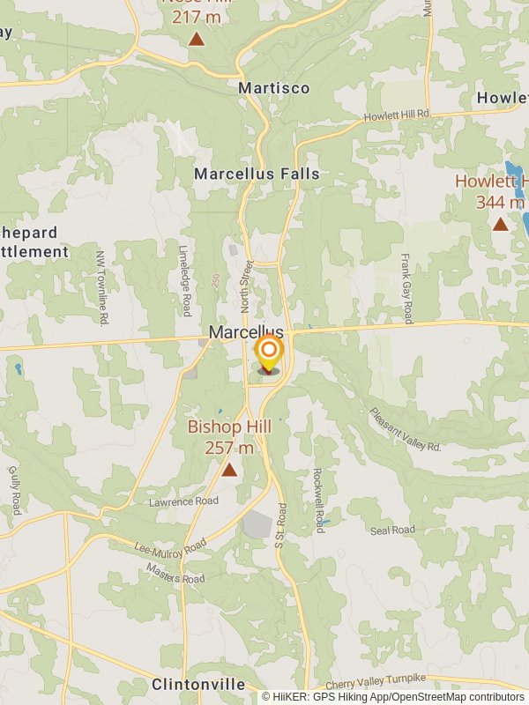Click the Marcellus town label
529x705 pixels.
coord(246,332)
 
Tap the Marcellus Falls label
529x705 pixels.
coord(257,174)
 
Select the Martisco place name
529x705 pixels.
coord(274,88)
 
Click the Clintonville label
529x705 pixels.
coord(198,685)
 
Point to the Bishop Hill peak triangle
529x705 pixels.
coord(229,470)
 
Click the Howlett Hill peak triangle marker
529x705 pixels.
coord(500,224)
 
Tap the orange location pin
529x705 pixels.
coord(269,353)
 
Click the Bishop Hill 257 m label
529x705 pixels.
coord(229,437)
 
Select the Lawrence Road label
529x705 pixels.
coord(183,501)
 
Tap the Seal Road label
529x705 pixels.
coord(392,531)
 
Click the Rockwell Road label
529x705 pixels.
coord(319,500)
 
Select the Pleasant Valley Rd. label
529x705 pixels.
coord(405,429)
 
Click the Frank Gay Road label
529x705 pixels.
coord(406,288)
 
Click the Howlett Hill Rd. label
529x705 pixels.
coord(397,115)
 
